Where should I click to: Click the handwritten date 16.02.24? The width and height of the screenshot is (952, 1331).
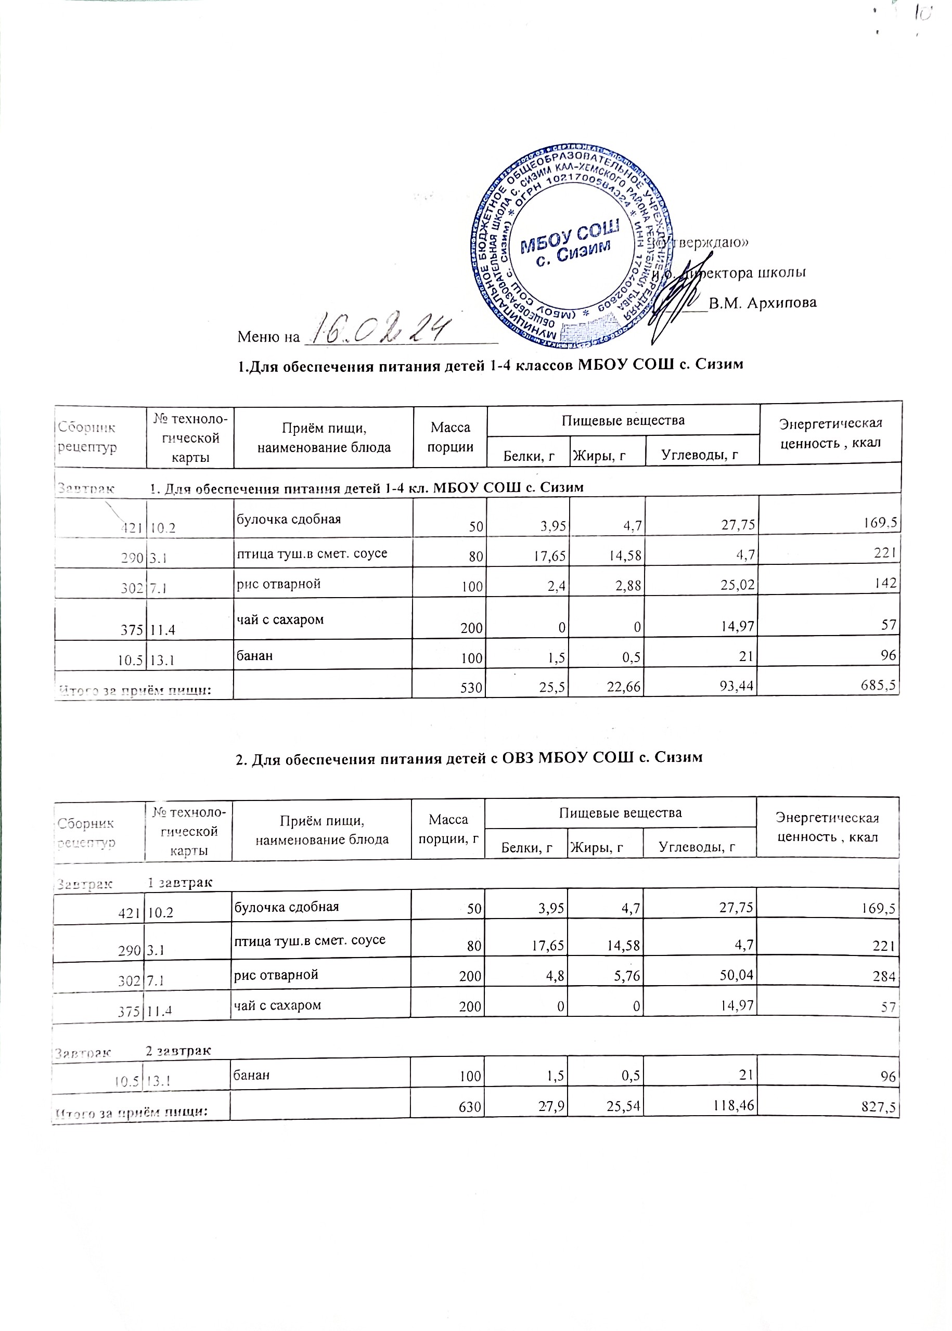380,330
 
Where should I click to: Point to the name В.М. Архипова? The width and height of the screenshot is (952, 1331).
762,303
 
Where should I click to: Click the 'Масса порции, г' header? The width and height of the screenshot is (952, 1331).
448,829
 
